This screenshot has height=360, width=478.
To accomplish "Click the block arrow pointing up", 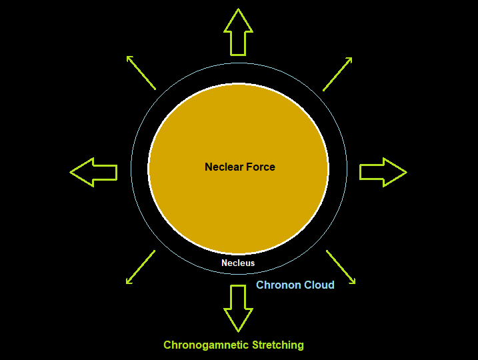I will (238, 33).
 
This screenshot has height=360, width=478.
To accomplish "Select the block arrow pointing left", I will (94, 172).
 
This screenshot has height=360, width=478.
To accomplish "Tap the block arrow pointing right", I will (383, 172).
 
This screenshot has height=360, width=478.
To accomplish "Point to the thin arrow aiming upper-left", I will (141, 73).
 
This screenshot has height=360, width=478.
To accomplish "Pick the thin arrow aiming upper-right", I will (337, 73).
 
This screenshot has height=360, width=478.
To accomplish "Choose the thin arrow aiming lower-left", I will (140, 266).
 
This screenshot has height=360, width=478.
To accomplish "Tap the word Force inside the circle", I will (261, 167).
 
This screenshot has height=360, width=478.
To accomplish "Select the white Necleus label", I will (238, 263).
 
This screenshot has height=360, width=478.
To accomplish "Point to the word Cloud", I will (319, 285).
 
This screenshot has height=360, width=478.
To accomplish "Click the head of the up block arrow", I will (238, 20).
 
